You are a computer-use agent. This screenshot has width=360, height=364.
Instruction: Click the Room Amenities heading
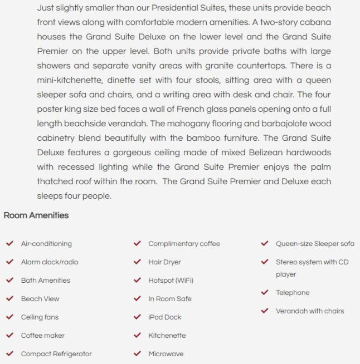tap(36, 215)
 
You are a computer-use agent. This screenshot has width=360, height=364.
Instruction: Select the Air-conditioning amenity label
tap(46, 244)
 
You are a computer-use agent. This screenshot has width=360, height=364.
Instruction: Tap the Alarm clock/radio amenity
tap(50, 262)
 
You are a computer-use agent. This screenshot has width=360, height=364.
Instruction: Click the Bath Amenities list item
tap(46, 281)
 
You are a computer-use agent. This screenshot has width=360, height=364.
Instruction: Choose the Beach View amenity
tap(40, 299)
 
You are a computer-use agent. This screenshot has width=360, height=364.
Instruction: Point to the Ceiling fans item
tap(40, 317)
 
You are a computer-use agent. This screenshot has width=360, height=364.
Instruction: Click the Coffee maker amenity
tap(43, 336)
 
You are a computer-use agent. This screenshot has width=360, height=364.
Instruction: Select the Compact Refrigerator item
tap(56, 354)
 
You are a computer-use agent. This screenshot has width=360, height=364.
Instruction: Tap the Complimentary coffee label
tap(184, 244)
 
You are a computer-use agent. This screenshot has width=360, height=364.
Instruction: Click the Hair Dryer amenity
tap(164, 262)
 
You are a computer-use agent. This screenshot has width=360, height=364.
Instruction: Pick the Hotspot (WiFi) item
tap(171, 281)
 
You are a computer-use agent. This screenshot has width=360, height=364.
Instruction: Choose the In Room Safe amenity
tap(169, 299)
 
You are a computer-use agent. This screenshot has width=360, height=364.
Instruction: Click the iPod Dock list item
tap(164, 317)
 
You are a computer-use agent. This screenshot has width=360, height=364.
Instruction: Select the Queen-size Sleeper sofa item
tap(315, 244)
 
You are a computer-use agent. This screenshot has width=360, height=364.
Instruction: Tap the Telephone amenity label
tap(293, 293)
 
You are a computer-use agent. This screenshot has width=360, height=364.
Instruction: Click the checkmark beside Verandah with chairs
tap(265, 311)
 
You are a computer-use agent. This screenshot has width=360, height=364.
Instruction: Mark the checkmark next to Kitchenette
tap(137, 335)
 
